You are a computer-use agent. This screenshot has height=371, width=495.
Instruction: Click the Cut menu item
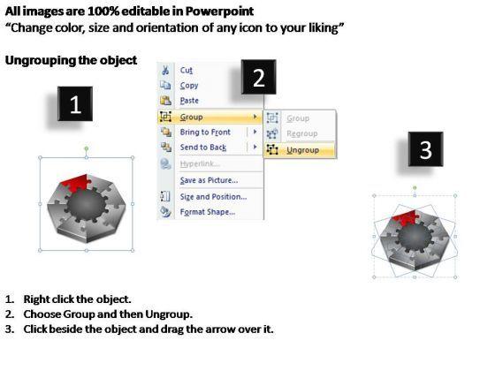[x=186, y=70]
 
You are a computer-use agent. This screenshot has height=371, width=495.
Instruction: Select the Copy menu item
[x=189, y=85]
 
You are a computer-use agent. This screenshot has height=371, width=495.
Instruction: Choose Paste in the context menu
[x=189, y=101]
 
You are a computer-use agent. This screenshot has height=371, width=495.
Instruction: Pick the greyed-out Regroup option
[x=301, y=133]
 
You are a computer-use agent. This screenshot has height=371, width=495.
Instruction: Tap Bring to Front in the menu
[x=205, y=132]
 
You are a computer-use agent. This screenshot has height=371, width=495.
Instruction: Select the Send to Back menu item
[x=203, y=147]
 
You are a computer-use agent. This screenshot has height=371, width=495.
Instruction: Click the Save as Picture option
[x=209, y=180]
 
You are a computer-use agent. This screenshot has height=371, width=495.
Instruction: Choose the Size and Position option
[x=213, y=196]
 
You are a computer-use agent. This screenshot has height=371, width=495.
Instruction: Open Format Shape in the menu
[x=208, y=212]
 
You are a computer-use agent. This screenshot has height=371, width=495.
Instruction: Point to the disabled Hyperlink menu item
[x=200, y=163]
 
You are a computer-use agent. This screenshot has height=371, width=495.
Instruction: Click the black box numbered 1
[x=75, y=104]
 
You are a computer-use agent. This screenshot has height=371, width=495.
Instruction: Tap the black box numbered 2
[x=258, y=77]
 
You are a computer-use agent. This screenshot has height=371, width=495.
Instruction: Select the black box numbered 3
[x=425, y=149]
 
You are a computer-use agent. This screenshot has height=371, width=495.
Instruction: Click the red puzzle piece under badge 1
[x=76, y=182]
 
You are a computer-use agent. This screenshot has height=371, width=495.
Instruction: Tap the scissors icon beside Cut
[x=165, y=70]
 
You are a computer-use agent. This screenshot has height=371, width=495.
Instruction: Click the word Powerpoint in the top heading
[x=219, y=11]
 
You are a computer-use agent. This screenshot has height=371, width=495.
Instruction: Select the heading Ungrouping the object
[x=71, y=60]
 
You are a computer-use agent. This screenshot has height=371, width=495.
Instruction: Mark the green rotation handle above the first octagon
[x=87, y=148]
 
